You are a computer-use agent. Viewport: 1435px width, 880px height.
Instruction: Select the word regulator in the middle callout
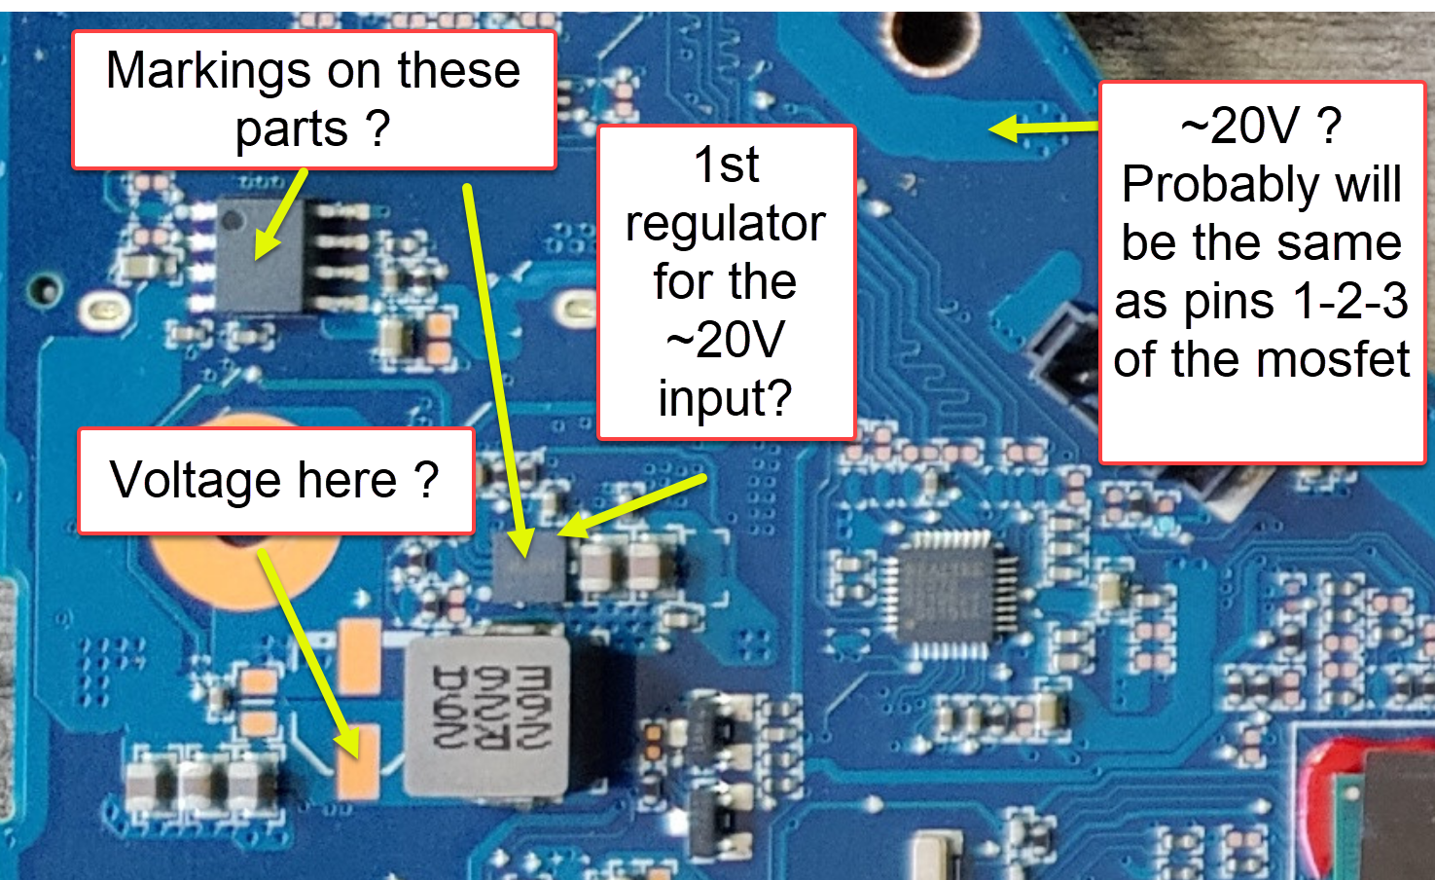[x=725, y=224]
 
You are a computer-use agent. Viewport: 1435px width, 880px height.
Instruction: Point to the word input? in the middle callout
[x=725, y=399]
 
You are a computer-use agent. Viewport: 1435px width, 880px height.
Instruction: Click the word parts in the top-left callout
[x=291, y=129]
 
